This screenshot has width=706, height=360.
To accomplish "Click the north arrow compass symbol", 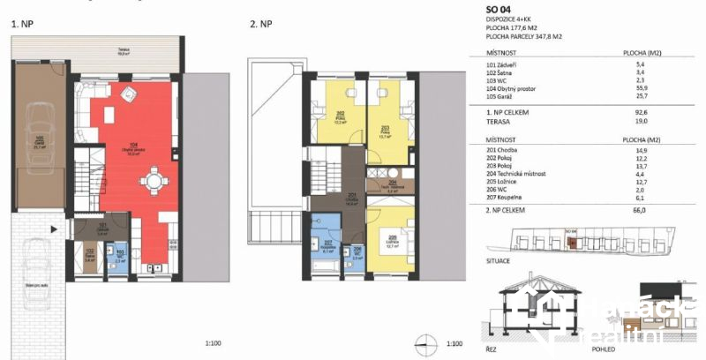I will pyautogui.click(x=426, y=344).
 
